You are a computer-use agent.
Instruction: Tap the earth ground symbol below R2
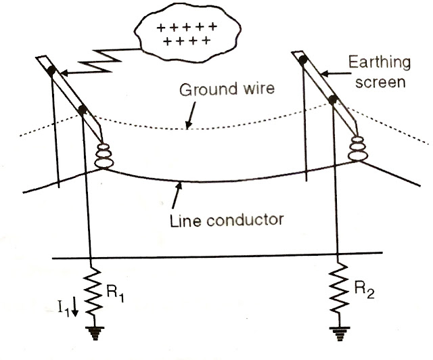[x=338, y=333]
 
